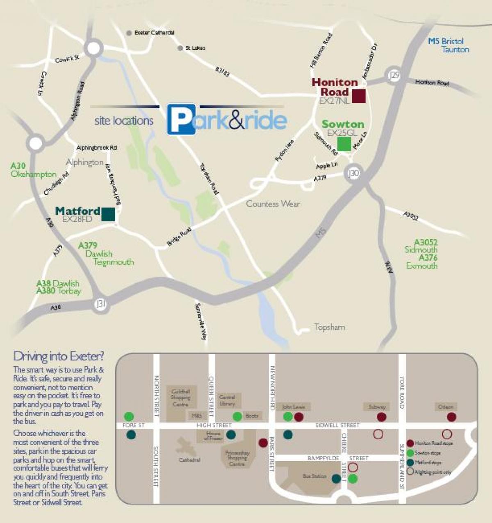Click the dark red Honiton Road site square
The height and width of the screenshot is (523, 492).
point(358,96)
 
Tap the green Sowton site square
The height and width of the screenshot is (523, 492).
point(344,144)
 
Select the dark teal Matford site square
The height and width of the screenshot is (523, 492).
point(108,214)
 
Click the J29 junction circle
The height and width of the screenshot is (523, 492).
point(394,76)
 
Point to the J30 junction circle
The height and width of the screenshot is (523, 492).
point(353,173)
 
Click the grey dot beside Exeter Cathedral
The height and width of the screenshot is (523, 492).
point(129,33)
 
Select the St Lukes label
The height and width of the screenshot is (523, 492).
point(195,48)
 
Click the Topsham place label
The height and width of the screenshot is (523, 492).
point(329,327)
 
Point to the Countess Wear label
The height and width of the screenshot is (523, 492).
point(273,204)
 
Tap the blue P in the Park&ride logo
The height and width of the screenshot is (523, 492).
point(181,120)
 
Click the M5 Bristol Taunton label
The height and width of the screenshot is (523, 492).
point(449,45)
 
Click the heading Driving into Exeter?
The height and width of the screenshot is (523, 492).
point(59,355)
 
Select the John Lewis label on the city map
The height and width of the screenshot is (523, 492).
point(294,407)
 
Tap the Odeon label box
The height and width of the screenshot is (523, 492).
point(445,407)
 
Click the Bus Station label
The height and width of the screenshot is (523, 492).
point(314,476)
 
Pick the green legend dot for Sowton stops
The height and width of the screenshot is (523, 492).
point(410,453)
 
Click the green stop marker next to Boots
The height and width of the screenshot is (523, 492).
point(237,416)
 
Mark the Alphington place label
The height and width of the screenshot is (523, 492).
point(84,162)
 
